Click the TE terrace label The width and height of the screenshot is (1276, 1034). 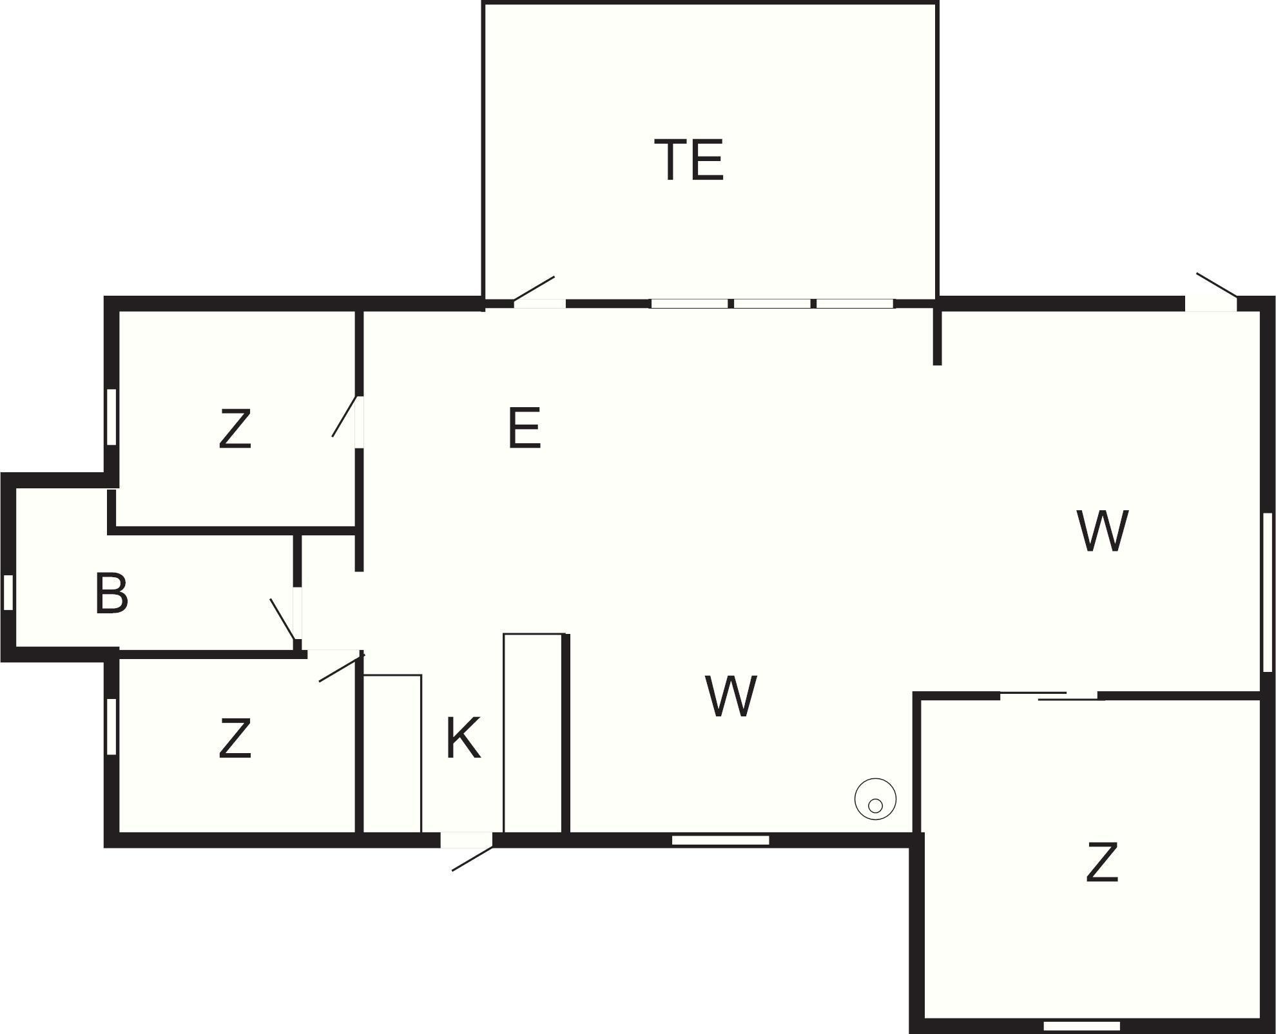(x=689, y=160)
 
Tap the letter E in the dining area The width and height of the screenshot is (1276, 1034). (x=524, y=427)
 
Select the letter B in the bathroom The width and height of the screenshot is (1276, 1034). (x=111, y=593)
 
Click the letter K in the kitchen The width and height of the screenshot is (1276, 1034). (x=463, y=739)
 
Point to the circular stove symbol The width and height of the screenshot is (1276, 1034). (x=875, y=799)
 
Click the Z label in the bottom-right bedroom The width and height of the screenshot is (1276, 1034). (x=1101, y=863)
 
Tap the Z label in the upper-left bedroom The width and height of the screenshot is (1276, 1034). (x=235, y=428)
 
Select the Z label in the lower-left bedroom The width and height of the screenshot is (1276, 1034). (x=235, y=739)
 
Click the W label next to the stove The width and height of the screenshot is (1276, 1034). (x=731, y=696)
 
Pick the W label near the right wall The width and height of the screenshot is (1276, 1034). (x=1102, y=531)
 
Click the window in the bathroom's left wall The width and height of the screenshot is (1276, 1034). (x=8, y=592)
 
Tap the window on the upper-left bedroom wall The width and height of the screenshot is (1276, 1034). (x=111, y=416)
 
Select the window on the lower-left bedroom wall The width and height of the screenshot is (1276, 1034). (x=111, y=727)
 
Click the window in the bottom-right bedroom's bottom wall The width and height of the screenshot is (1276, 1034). (x=1081, y=1026)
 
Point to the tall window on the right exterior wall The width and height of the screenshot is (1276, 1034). (x=1268, y=593)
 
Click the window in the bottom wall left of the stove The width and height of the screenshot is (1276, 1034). (x=720, y=840)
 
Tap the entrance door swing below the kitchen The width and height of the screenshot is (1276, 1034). (x=472, y=859)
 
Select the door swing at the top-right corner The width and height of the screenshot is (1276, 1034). (x=1217, y=285)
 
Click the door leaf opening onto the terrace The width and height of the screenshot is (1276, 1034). (x=534, y=289)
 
